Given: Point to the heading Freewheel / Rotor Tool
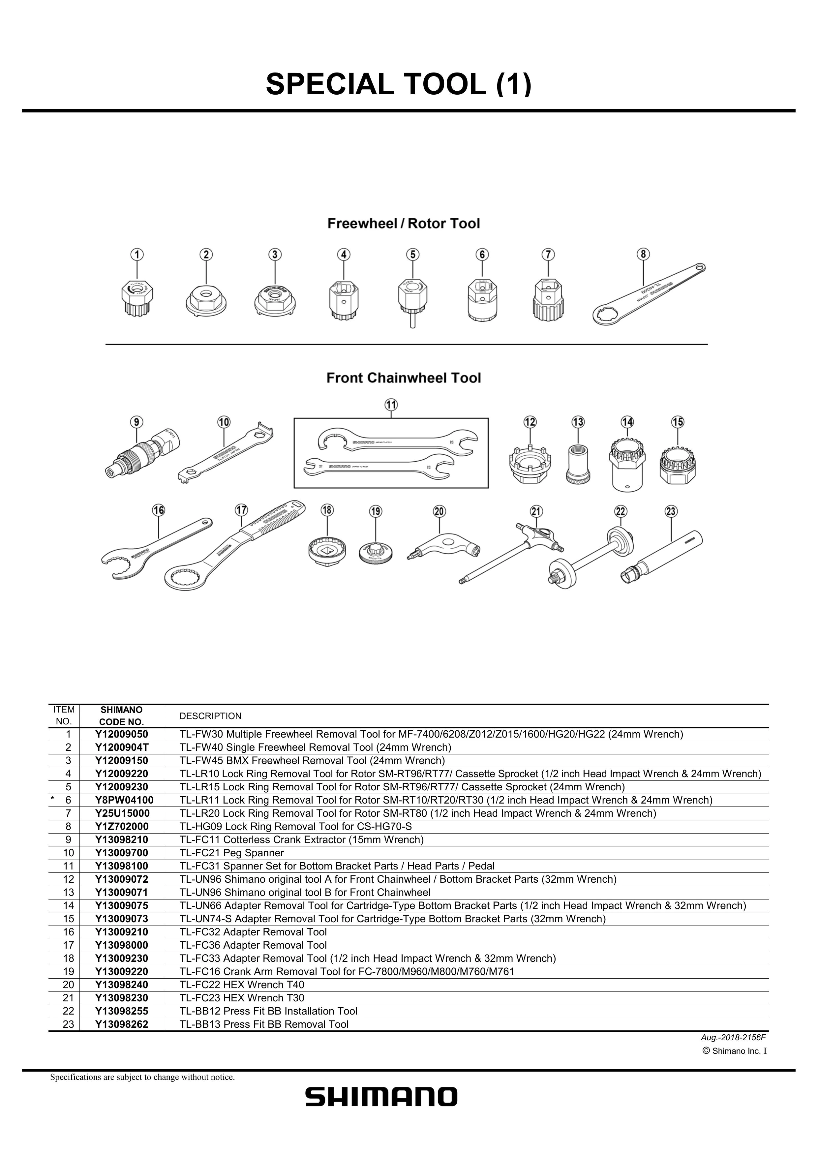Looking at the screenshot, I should click(x=404, y=224).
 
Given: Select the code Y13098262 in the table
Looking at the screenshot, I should click(x=121, y=1024).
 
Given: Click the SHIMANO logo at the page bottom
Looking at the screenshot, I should click(x=381, y=1097).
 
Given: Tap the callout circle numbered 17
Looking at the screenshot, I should click(x=241, y=510).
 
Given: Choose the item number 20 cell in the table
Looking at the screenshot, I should click(x=69, y=985).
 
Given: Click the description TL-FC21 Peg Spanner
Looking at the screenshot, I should click(x=232, y=853).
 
